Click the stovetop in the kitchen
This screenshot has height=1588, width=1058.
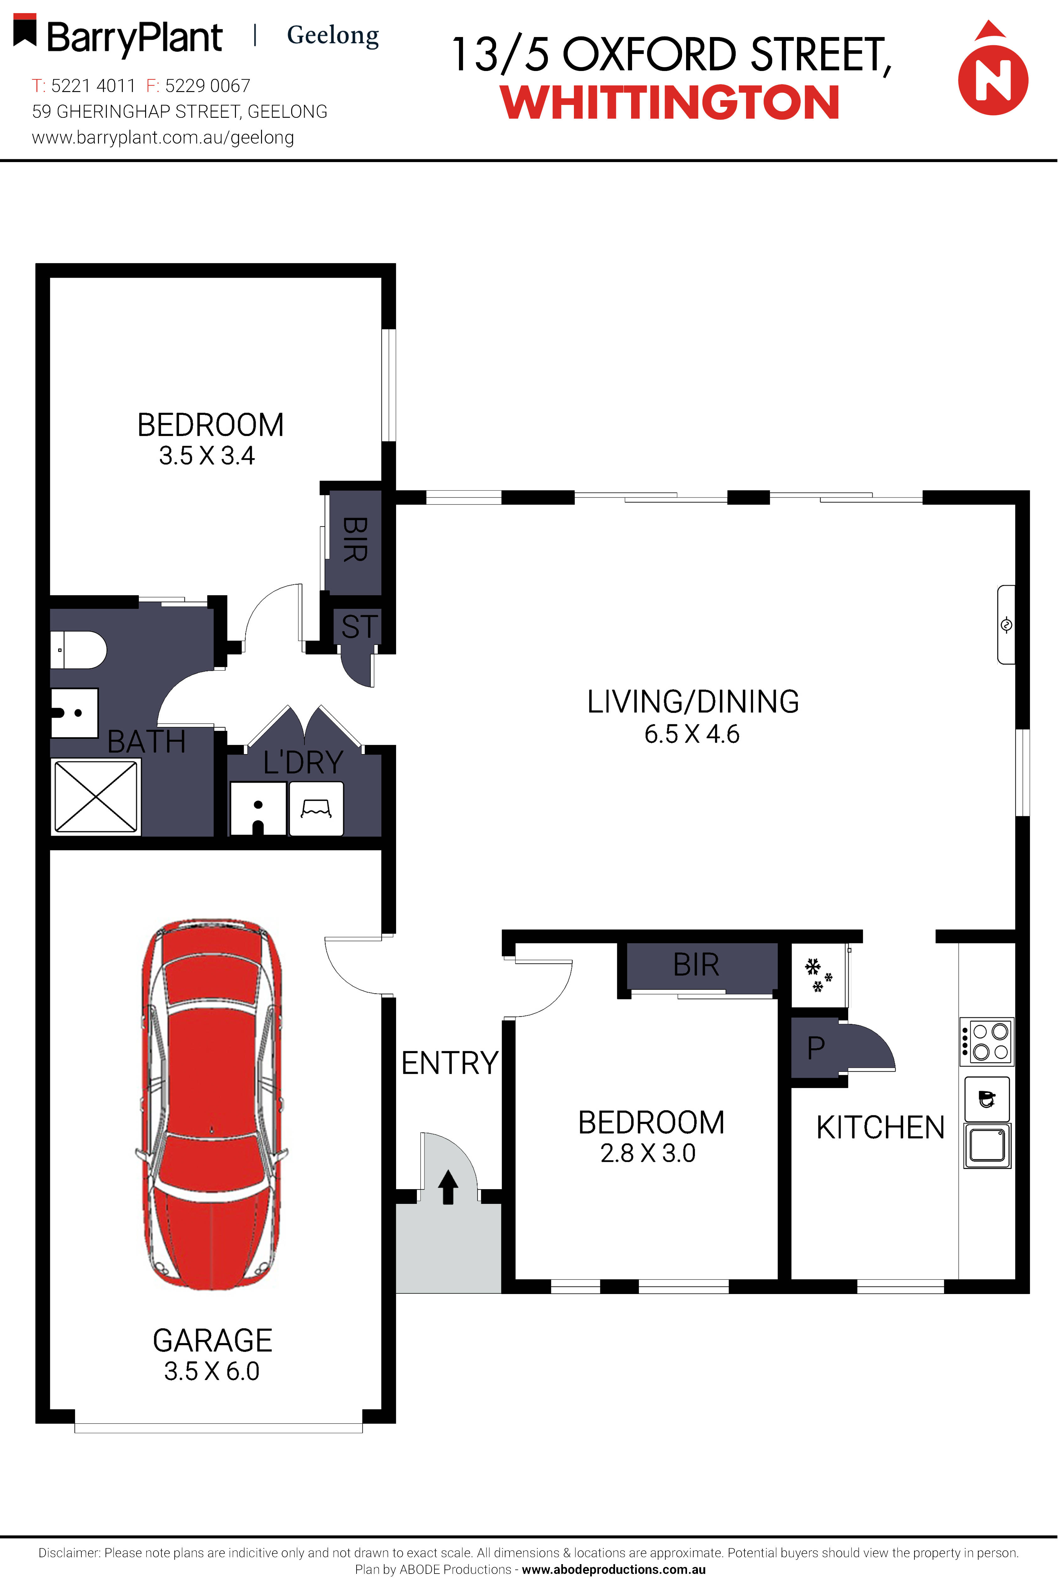tap(986, 1041)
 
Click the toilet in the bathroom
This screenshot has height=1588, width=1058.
tap(78, 650)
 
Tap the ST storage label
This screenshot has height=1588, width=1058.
tap(359, 627)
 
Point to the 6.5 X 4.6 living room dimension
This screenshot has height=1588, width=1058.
tap(692, 734)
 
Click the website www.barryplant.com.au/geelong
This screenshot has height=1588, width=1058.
tap(163, 138)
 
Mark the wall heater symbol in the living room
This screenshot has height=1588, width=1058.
tap(1006, 625)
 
